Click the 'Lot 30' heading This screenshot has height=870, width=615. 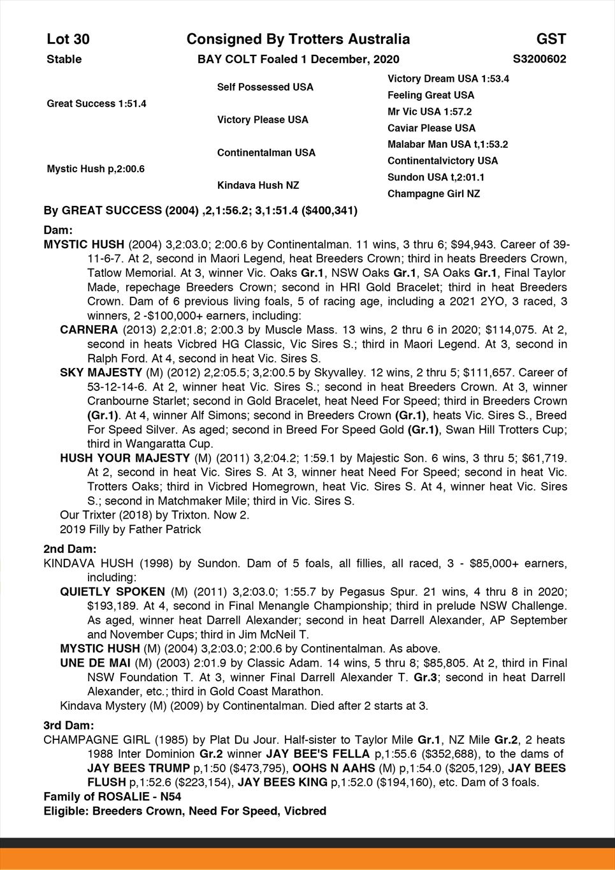click(x=68, y=40)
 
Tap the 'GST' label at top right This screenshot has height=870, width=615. click(x=551, y=40)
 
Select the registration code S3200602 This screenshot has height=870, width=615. click(x=539, y=59)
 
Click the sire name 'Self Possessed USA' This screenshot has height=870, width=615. click(x=265, y=87)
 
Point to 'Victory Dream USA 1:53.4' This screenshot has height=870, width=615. click(x=448, y=78)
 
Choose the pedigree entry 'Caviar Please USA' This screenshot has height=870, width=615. click(x=431, y=128)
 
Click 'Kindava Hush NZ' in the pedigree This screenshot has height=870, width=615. click(x=258, y=185)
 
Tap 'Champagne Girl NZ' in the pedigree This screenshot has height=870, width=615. click(x=433, y=193)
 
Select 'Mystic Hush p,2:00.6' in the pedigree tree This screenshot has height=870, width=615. click(x=96, y=169)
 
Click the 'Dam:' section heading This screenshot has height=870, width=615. click(x=58, y=230)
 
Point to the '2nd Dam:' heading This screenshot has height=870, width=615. click(x=70, y=549)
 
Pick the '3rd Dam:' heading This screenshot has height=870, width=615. click(x=69, y=725)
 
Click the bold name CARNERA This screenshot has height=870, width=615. click(x=89, y=330)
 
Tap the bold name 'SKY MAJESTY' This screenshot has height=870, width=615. click(x=101, y=372)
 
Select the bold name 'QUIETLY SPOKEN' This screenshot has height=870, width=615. click(x=112, y=591)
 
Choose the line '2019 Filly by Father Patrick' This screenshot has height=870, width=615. click(x=130, y=529)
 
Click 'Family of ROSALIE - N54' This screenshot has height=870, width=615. click(x=112, y=797)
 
